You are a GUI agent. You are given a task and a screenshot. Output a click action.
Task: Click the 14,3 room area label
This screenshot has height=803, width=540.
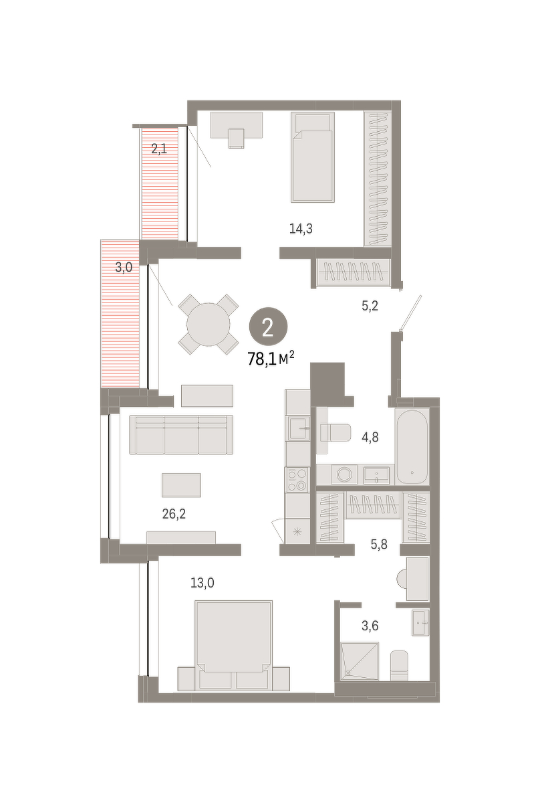(x=301, y=228)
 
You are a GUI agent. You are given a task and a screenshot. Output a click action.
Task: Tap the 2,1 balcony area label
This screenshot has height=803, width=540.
(x=159, y=149)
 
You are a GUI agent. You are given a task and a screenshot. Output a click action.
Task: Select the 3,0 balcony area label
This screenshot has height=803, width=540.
(x=124, y=267)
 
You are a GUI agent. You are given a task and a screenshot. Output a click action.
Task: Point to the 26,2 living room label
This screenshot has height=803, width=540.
(x=174, y=515)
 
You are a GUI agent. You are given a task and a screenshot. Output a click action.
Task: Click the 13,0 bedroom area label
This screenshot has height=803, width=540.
(x=202, y=584)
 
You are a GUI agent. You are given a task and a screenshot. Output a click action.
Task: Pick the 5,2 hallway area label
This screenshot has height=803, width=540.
(x=370, y=306)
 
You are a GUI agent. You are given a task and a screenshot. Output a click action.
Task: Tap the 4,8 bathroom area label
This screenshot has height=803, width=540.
(x=370, y=438)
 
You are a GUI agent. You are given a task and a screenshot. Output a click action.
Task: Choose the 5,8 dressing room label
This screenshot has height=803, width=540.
(x=379, y=545)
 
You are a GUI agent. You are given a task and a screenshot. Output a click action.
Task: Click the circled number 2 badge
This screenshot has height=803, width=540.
(x=268, y=329)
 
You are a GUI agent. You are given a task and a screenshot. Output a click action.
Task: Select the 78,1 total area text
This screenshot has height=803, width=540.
(x=271, y=359)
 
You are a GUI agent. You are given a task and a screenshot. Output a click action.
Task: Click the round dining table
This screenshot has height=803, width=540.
(x=209, y=325)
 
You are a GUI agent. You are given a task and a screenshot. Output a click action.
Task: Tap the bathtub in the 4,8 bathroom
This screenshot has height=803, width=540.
(x=412, y=447)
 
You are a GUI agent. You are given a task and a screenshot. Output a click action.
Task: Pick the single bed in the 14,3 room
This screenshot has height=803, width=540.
(x=313, y=157)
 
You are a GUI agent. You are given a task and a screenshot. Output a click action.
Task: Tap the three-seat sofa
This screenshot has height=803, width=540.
(x=181, y=435)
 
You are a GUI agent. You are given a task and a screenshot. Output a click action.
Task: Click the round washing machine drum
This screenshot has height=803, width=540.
(x=344, y=475)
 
